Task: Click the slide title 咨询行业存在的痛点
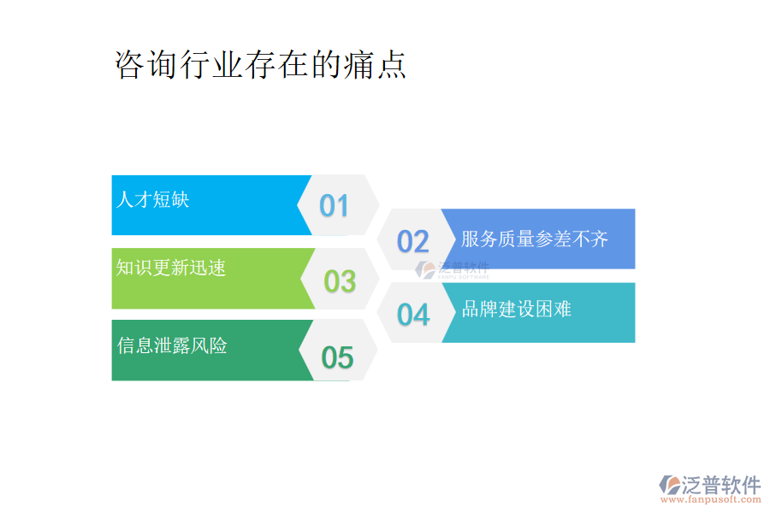[260, 65]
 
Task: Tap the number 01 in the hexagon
[335, 205]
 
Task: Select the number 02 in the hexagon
[413, 242]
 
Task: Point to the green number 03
[340, 280]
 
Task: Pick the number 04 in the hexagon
[413, 315]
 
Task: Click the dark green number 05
[337, 357]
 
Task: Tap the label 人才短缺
[152, 200]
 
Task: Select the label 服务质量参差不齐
[535, 239]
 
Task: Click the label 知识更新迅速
[171, 268]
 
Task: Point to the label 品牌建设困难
[517, 309]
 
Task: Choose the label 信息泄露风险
[172, 345]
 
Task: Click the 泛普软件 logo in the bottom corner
[710, 485]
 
